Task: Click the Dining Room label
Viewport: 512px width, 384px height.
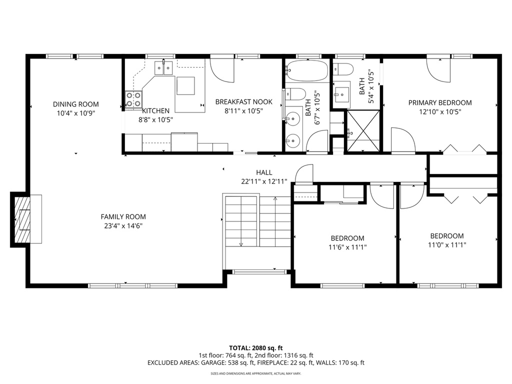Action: tap(76, 104)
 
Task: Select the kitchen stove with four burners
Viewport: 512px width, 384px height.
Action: tap(133, 99)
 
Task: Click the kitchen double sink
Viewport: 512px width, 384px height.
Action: tap(163, 65)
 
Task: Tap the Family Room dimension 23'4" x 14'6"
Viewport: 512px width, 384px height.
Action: tap(123, 225)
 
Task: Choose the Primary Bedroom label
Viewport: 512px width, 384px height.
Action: tap(440, 103)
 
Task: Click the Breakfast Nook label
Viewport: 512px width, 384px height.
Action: tap(244, 102)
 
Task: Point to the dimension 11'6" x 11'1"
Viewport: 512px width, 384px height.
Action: tap(347, 246)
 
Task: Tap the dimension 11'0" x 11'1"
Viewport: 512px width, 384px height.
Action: tap(447, 245)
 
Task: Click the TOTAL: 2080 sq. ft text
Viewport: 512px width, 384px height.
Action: tap(256, 347)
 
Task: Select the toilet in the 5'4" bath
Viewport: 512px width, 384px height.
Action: tap(344, 68)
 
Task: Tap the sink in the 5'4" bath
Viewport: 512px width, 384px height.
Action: tap(343, 93)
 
